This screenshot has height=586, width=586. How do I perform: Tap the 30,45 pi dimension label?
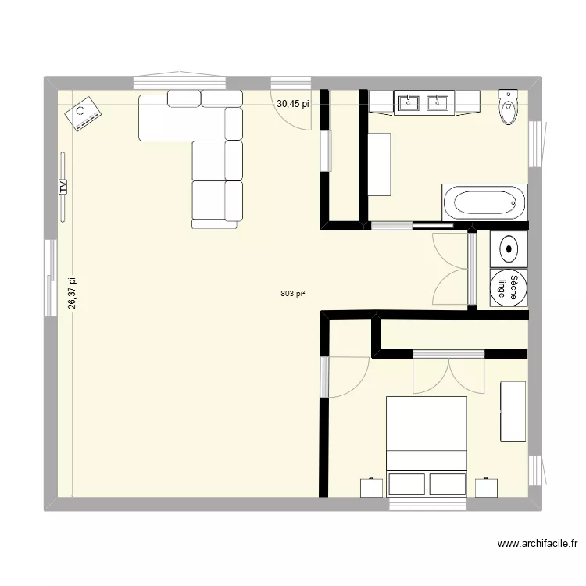tap(292, 102)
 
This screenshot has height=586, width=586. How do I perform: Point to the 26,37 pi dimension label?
tap(72, 293)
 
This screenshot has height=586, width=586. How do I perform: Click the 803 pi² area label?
tap(292, 294)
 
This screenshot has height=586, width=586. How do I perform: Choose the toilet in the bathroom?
tap(508, 108)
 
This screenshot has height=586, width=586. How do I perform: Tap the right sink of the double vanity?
tap(441, 102)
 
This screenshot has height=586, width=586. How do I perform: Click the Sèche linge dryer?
tap(509, 287)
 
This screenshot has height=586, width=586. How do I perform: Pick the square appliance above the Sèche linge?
tap(509, 249)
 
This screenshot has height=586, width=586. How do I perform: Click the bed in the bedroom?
tap(427, 445)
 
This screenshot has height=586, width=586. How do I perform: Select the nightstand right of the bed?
tap(485, 487)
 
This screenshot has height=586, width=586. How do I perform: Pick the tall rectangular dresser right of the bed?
tap(513, 412)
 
